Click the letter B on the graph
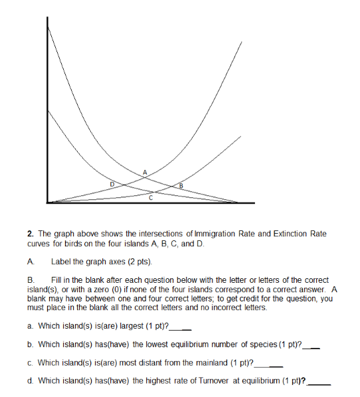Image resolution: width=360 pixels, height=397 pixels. click(179, 186)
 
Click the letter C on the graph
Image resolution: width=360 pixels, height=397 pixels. click(151, 198)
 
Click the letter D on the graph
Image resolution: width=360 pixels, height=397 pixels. click(112, 182)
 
